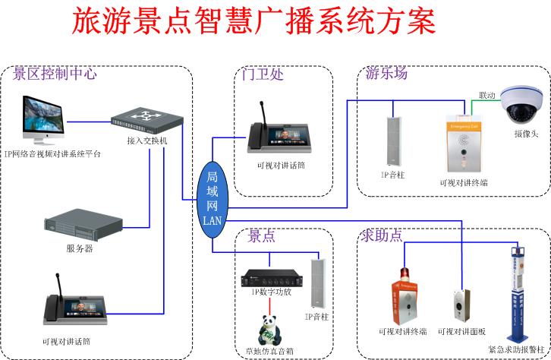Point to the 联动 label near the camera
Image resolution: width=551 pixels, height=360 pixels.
486,96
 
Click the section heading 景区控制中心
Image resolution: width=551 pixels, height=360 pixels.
55,74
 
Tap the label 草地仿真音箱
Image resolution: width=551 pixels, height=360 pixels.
267,352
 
